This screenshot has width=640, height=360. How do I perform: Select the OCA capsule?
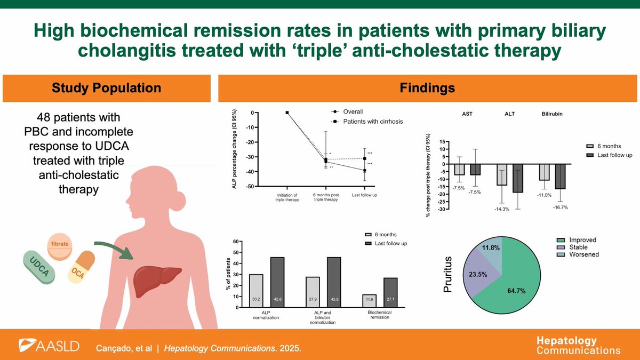81,271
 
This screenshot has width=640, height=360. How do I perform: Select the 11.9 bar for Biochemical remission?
369,301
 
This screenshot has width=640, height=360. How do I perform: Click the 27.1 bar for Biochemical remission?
390,292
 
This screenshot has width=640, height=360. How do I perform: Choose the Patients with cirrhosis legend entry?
367,121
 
